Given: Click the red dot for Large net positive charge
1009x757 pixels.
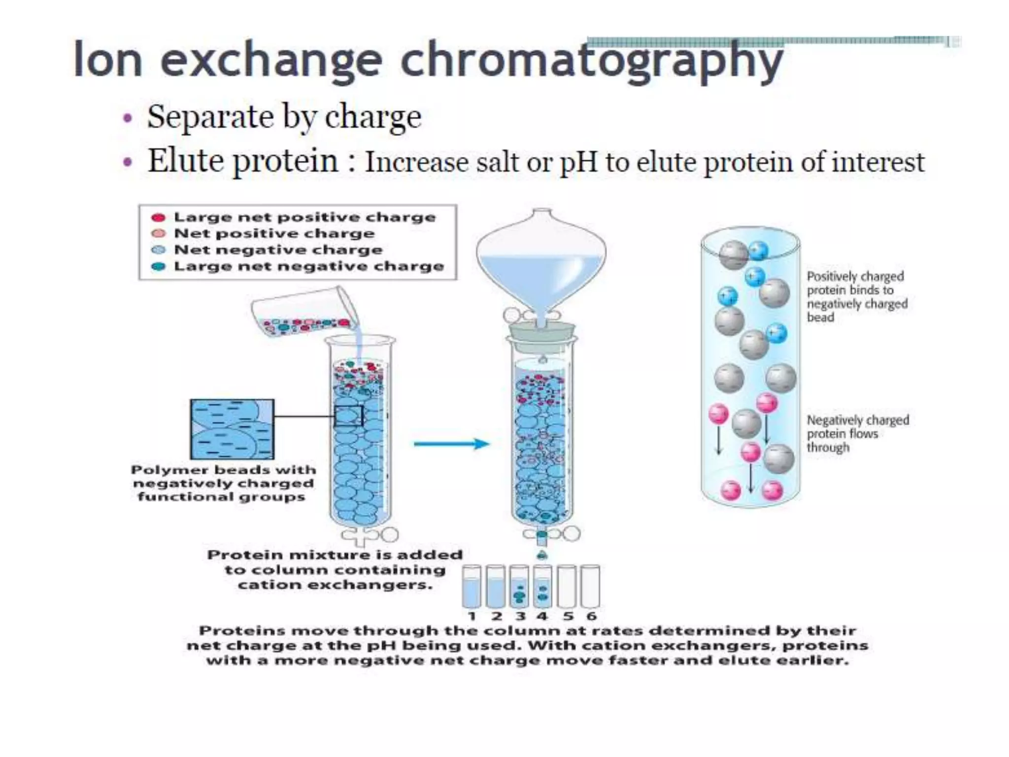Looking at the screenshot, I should coord(158,217).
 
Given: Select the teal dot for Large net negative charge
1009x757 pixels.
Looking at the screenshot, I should coord(158,267).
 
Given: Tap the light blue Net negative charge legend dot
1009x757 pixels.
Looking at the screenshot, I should coord(158,250).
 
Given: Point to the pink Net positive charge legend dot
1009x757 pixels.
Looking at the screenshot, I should coord(158,234).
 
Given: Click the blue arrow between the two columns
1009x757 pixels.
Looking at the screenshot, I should coord(451,444).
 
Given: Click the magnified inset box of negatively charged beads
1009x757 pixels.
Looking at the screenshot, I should coord(232,429).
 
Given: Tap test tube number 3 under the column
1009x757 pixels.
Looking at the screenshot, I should coord(518,586).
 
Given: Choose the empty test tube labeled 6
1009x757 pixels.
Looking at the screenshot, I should coord(590,586).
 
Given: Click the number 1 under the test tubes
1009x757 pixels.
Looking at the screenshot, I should coord(472,616).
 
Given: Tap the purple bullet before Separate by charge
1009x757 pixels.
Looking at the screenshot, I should coord(128,118).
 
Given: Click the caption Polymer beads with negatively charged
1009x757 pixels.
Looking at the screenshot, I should coord(223,477).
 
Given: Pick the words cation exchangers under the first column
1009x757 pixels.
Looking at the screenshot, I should coord(335,585).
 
